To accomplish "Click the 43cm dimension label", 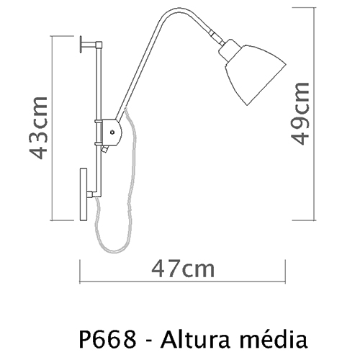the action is [x=38, y=127].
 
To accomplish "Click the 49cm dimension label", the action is [x=300, y=113].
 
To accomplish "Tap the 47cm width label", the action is [x=183, y=269].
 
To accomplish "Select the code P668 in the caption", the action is [x=107, y=339].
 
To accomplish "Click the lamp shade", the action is [x=256, y=75].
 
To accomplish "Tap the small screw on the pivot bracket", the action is [x=112, y=132].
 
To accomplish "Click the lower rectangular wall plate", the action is [x=84, y=194].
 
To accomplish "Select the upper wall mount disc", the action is [x=81, y=44].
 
